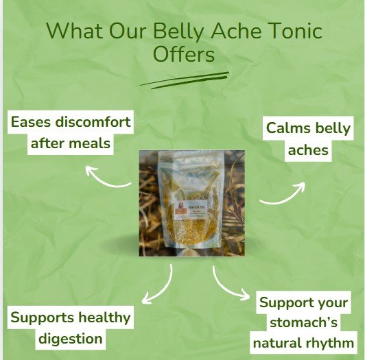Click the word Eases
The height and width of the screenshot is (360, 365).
tap(34, 125)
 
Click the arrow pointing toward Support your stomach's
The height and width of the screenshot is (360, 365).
tap(229, 283)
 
